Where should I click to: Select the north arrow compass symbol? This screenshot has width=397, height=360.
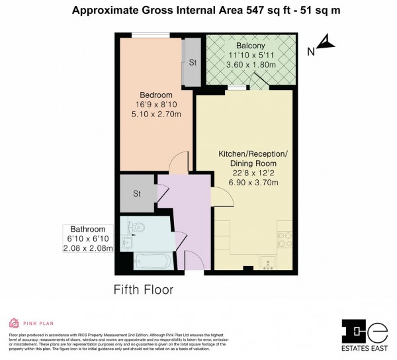[x=325, y=44]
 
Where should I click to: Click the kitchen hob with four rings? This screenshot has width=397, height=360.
[x=285, y=235]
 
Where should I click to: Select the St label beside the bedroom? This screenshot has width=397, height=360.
[x=193, y=63]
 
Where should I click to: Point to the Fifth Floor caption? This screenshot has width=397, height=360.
[x=144, y=289]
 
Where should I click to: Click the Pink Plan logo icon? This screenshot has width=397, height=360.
[x=13, y=323]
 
